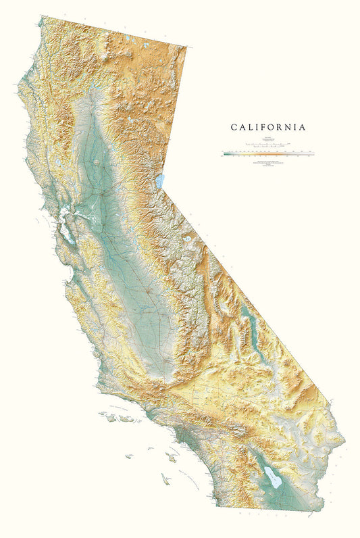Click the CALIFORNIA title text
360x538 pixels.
(x=268, y=127)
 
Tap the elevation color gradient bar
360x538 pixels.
(x=267, y=154)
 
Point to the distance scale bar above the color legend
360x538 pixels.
(x=267, y=145)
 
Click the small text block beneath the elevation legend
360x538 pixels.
(x=267, y=166)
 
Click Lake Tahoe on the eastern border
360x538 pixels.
(x=160, y=181)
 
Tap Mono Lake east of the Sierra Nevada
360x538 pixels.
(x=195, y=238)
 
